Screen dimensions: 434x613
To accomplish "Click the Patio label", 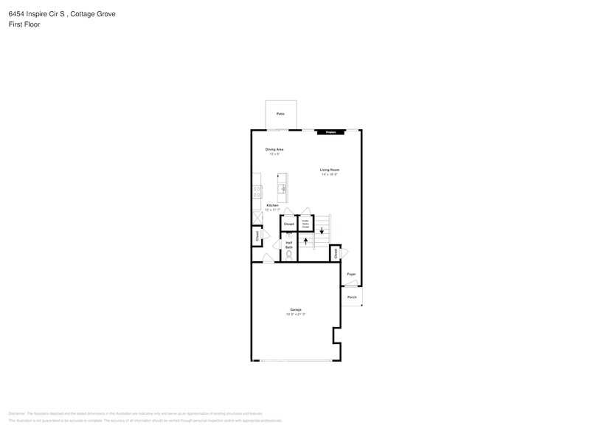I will (x=280, y=114).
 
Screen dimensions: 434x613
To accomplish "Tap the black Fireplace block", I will (x=331, y=133).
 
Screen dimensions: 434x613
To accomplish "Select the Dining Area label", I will (x=274, y=149).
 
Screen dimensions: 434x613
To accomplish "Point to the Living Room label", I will (x=329, y=170).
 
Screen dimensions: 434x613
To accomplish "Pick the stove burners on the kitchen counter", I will (x=256, y=190).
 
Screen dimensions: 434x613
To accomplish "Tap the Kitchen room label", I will (x=272, y=204).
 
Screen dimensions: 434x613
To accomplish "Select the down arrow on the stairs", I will (x=322, y=230).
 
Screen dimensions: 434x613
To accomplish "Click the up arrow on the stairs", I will (x=305, y=241).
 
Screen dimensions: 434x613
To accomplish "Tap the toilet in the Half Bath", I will (x=289, y=255).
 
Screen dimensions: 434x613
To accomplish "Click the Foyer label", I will (x=351, y=275).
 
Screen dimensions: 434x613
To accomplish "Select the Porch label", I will (x=352, y=297).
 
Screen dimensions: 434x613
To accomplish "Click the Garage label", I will (x=296, y=309).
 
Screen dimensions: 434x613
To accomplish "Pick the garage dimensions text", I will (x=296, y=314).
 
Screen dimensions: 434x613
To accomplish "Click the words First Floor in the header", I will (x=24, y=24).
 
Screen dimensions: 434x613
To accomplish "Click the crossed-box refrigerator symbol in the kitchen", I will (x=257, y=217).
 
